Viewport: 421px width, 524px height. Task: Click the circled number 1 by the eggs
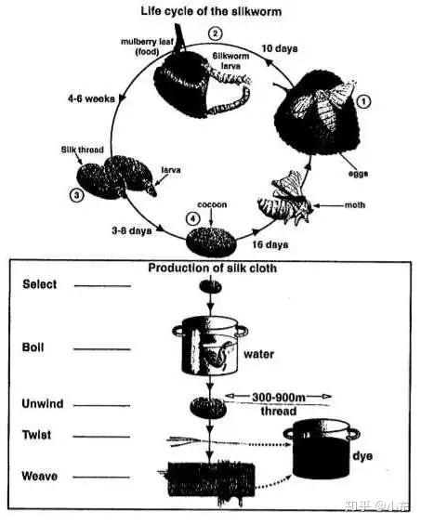(x=364, y=101)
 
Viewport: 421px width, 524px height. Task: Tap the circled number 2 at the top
(x=215, y=33)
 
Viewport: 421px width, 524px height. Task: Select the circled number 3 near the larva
(x=76, y=195)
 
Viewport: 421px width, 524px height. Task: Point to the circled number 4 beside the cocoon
(x=193, y=219)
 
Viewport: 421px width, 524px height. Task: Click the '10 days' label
(x=280, y=48)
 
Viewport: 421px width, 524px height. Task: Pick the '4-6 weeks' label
(x=91, y=98)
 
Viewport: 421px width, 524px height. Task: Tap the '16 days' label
(x=270, y=244)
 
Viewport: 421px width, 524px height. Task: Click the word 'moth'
(x=355, y=204)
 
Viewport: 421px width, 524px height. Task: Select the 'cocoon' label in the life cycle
(x=212, y=204)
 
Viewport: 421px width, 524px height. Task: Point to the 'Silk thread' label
(x=83, y=150)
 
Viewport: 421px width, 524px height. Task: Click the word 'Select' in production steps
(x=39, y=284)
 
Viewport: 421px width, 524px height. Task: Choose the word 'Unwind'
(x=43, y=403)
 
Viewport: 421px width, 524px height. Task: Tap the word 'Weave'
(x=39, y=476)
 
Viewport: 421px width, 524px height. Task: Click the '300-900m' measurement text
(x=279, y=397)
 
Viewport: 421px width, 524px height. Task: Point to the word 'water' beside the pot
(x=258, y=354)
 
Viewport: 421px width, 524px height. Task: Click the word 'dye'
(x=362, y=456)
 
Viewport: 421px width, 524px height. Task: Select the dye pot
(x=322, y=449)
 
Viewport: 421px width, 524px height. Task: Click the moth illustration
(x=286, y=199)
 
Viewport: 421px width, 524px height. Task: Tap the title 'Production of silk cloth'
(x=212, y=268)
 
